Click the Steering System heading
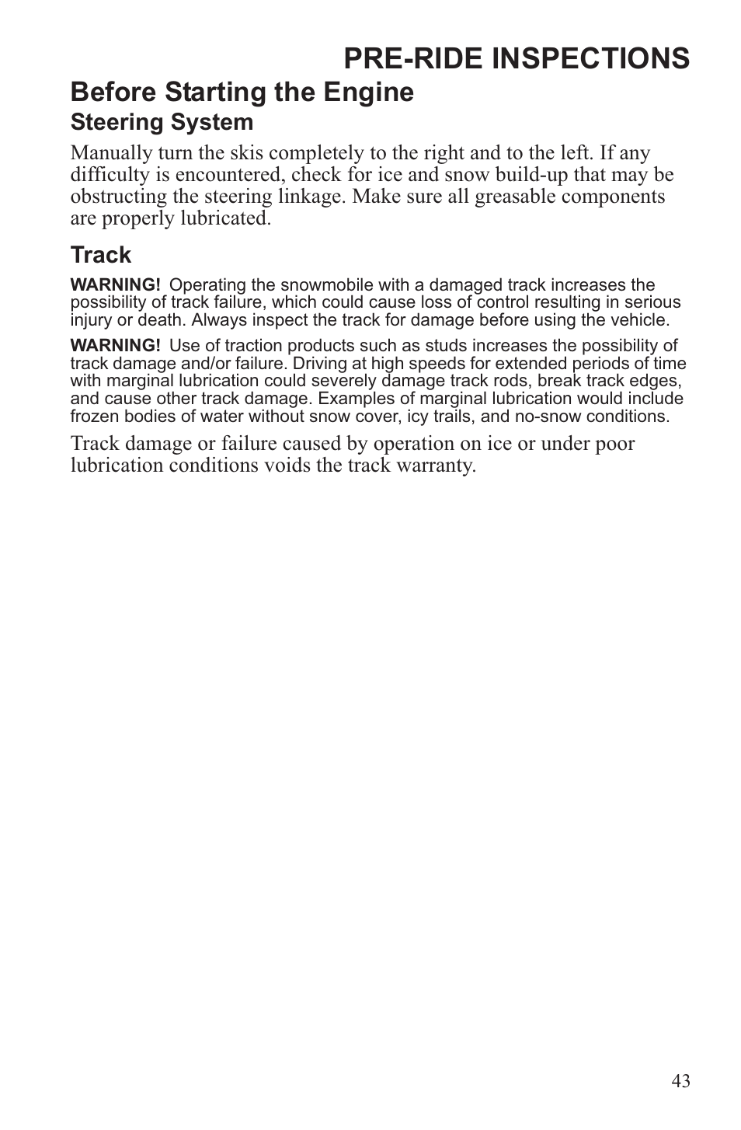tap(162, 123)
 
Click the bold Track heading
tap(101, 255)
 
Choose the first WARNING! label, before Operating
tap(115, 285)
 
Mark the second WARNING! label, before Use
tap(115, 346)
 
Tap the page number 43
tap(681, 1081)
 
